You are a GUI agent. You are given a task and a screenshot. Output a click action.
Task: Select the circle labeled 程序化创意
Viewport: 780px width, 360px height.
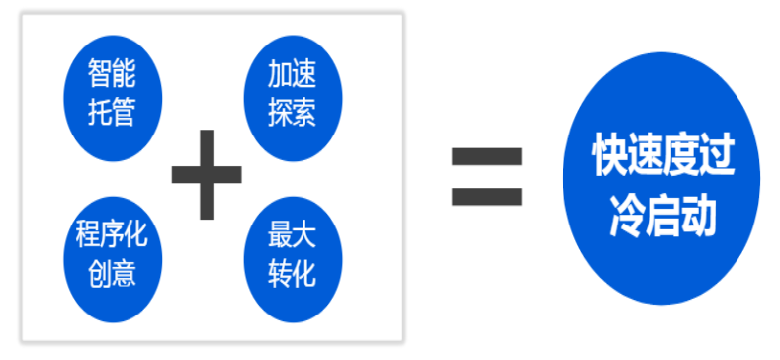111,254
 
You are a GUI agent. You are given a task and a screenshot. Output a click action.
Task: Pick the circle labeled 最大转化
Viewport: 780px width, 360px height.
292,254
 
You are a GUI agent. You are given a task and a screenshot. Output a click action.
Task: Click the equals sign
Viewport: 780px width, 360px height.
486,176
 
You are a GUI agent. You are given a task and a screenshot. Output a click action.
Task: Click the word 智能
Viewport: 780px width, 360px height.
111,73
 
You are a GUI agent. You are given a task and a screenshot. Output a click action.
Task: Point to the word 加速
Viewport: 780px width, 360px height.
292,73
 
